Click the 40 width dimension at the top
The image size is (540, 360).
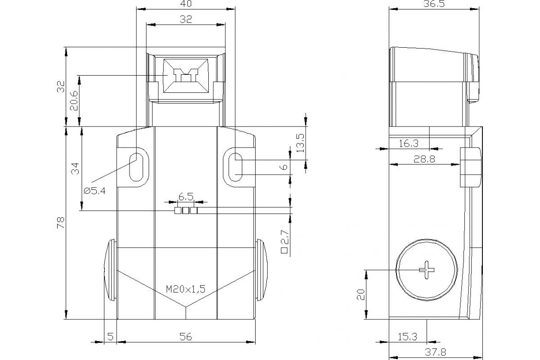185,4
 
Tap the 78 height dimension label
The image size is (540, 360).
61,223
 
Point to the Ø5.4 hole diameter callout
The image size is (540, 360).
94,191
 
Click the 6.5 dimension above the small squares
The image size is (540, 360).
186,197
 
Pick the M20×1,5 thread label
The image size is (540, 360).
185,289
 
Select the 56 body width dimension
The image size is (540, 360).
185,336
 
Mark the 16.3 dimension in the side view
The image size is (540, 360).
409,144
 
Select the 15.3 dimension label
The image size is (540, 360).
408,336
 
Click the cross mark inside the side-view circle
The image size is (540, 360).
427,270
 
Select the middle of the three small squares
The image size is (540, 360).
186,211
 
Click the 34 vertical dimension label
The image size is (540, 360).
75,169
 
